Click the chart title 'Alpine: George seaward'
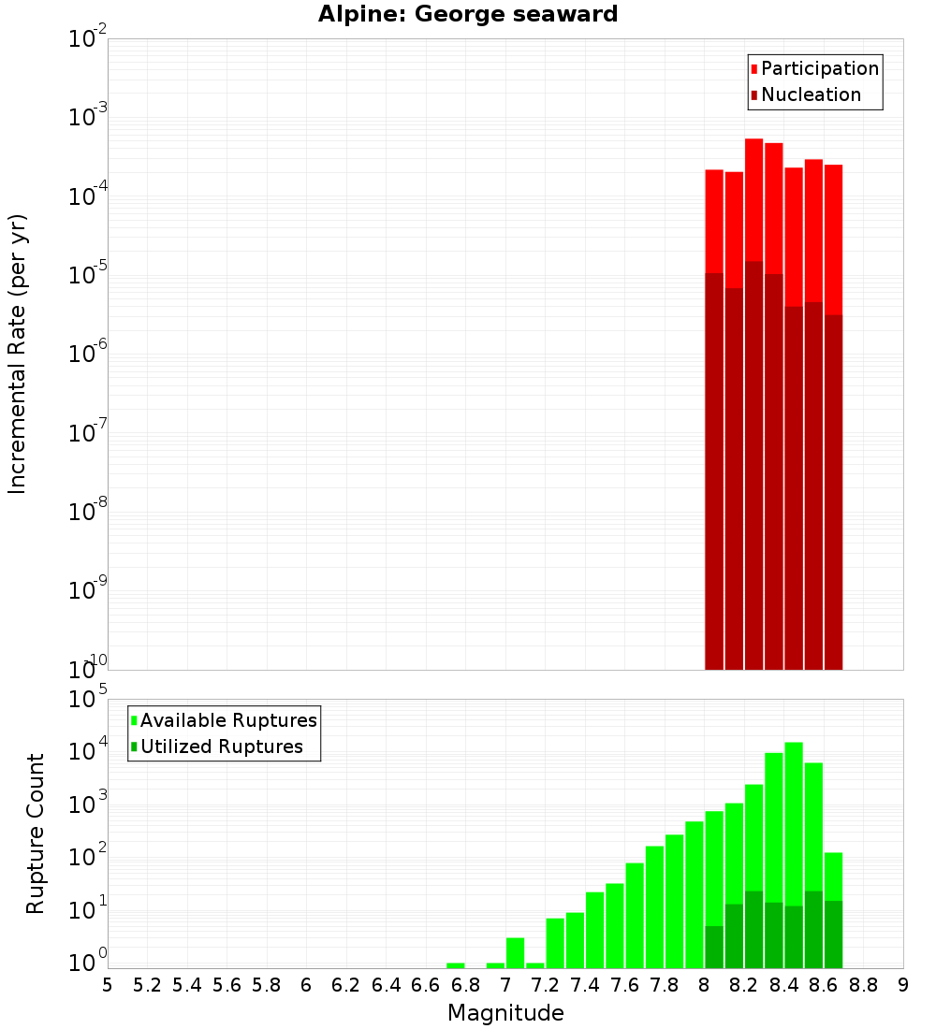468,15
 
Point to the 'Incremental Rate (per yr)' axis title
18,354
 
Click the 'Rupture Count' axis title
36,833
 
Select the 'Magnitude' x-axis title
505,1013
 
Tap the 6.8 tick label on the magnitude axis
465,985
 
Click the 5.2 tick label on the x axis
147,985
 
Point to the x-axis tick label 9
903,985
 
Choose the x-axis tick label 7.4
585,985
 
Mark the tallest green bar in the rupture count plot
794,823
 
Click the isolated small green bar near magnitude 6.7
456,965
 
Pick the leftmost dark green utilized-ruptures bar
714,947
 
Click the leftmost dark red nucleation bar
714,468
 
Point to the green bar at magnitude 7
515,952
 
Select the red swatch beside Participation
753,69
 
